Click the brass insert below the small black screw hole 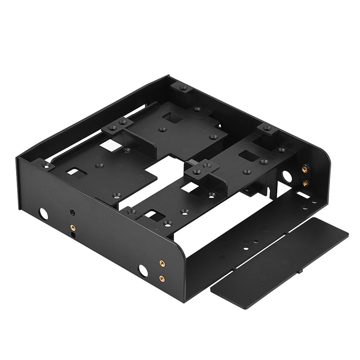73,227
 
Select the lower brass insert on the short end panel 305,183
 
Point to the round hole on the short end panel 287,177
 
